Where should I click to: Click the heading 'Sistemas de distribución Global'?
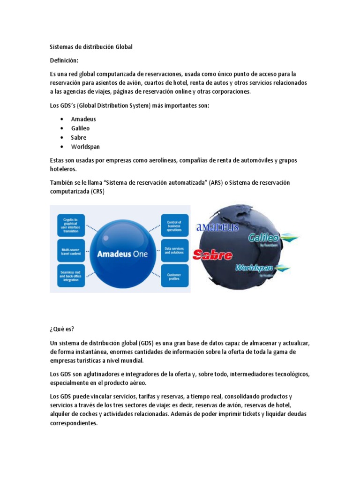coord(91,47)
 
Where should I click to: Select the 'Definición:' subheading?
coord(64,60)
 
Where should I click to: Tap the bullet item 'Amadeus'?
coord(83,119)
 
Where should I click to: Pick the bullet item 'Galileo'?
coord(80,128)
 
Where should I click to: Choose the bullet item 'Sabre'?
coord(79,137)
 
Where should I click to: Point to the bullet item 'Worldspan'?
coord(85,147)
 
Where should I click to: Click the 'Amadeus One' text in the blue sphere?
coord(122,254)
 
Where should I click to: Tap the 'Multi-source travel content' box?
coord(71,250)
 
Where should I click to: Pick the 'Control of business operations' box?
coord(174,225)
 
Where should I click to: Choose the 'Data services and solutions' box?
coord(174,251)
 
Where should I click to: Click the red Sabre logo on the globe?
coord(213,255)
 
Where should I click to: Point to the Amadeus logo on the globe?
coord(217,227)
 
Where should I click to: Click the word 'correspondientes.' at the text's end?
coord(74,423)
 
